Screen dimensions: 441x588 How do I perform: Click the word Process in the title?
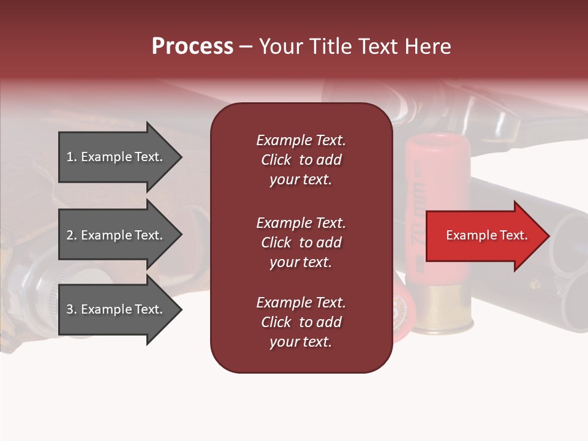point(192,47)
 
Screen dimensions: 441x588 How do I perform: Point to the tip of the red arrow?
point(548,236)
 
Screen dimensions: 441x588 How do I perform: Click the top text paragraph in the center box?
point(301,160)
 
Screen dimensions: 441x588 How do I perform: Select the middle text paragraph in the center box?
point(301,243)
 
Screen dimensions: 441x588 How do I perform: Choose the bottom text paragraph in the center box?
point(301,322)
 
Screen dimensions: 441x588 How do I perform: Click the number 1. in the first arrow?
point(72,157)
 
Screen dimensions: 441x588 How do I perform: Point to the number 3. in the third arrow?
point(72,310)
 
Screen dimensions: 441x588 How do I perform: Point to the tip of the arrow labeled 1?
point(181,157)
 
